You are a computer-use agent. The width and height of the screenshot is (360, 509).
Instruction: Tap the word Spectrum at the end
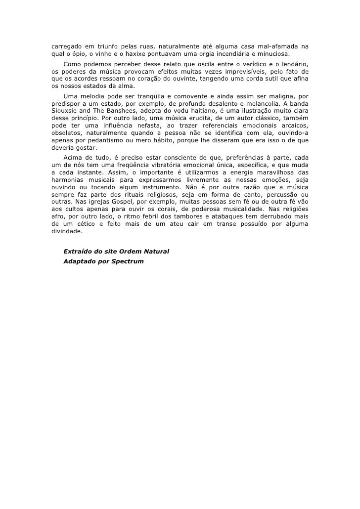[x=128, y=260]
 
